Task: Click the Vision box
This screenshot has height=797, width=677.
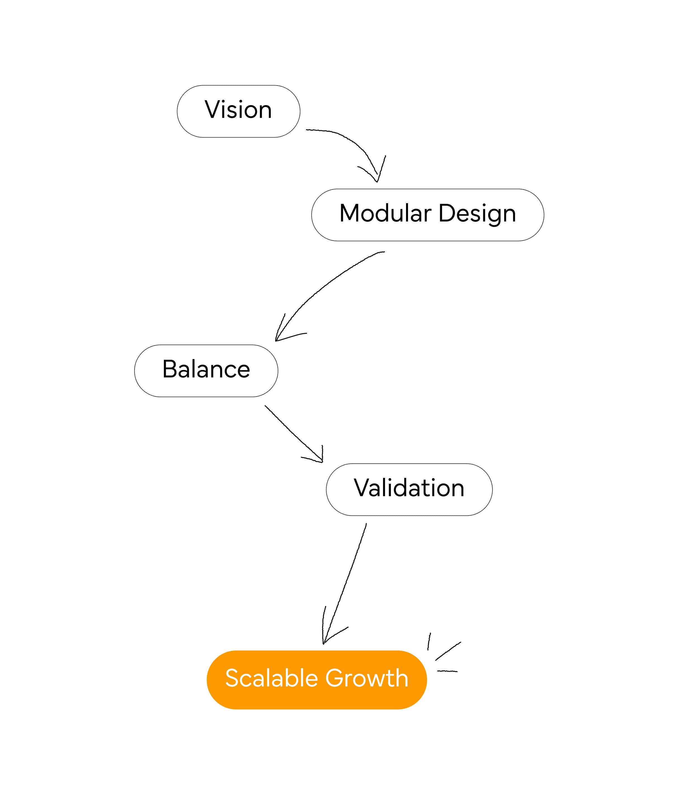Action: tap(238, 111)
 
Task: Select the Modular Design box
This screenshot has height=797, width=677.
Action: tap(428, 215)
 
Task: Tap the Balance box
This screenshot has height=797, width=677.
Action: tap(206, 371)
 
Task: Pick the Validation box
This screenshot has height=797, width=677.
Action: tap(409, 489)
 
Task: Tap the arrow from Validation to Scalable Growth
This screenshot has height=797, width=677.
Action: tap(345, 583)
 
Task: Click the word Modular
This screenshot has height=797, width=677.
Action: tap(385, 213)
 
